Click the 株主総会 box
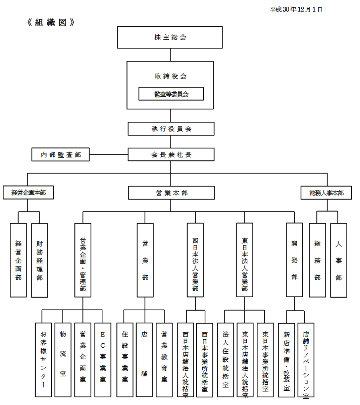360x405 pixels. pyautogui.click(x=170, y=37)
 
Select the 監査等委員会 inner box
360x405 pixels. pyautogui.click(x=171, y=94)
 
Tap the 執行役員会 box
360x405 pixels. pyautogui.click(x=171, y=129)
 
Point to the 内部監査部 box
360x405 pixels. pyautogui.click(x=60, y=155)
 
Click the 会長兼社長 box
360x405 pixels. pyautogui.click(x=171, y=155)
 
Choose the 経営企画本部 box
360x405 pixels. pyautogui.click(x=28, y=193)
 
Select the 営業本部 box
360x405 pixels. pyautogui.click(x=171, y=193)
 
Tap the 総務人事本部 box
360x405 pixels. pyautogui.click(x=327, y=193)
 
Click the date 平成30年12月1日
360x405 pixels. pyautogui.click(x=296, y=9)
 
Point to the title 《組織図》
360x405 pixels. pyautogui.click(x=50, y=22)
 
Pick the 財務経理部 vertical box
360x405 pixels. pyautogui.click(x=39, y=260)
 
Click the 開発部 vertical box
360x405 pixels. pyautogui.click(x=294, y=260)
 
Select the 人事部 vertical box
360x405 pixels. pyautogui.click(x=338, y=260)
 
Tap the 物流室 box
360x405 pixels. pyautogui.click(x=63, y=360)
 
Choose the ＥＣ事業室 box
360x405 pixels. pyautogui.click(x=103, y=360)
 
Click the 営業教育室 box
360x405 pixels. pyautogui.click(x=164, y=360)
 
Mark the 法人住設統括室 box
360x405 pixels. pyautogui.click(x=226, y=360)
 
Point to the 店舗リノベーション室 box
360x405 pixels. pyautogui.click(x=306, y=360)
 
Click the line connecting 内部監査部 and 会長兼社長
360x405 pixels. pyautogui.click(x=108, y=154)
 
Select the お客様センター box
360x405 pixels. pyautogui.click(x=43, y=360)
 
